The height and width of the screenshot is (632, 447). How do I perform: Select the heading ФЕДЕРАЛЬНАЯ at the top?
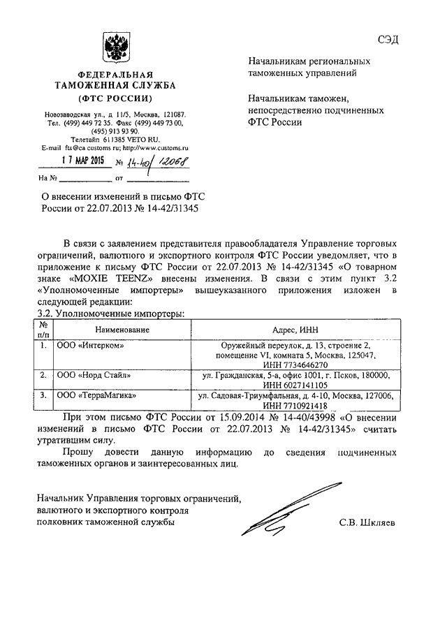click(x=116, y=74)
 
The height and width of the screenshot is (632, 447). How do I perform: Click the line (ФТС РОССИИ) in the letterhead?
click(x=116, y=97)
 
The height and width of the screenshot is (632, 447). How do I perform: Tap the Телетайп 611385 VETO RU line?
click(x=115, y=139)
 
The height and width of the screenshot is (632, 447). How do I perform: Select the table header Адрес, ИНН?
click(x=296, y=328)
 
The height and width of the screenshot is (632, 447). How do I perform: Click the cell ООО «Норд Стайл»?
click(x=94, y=375)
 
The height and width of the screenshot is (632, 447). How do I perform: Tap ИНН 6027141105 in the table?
click(x=296, y=385)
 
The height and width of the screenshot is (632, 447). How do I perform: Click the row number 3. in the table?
click(x=43, y=395)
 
